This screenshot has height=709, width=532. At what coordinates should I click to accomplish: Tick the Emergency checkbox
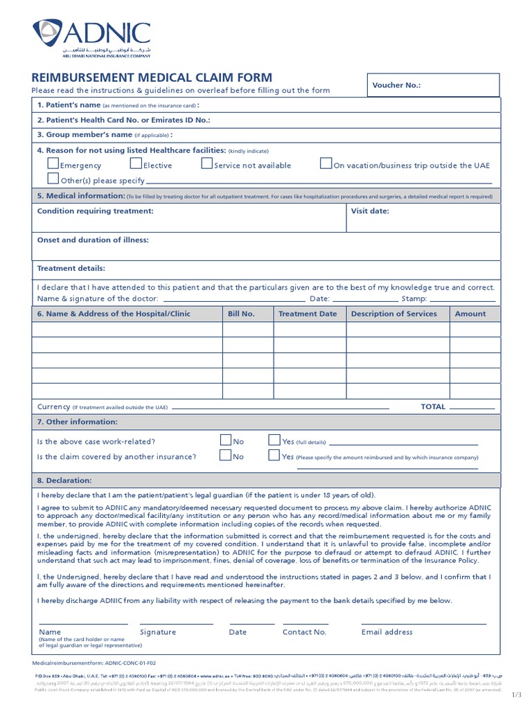53,164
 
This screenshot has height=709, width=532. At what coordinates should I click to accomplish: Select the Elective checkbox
136,164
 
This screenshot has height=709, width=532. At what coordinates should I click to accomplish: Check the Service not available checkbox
206,164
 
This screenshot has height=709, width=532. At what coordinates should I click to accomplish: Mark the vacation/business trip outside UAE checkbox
326,164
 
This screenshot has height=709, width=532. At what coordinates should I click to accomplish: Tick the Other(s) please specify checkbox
53,179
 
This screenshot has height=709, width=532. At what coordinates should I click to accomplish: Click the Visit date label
370,211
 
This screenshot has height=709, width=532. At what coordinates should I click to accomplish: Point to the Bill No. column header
241,314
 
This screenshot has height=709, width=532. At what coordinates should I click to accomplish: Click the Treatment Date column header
308,314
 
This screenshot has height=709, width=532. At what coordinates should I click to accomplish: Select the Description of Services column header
393,314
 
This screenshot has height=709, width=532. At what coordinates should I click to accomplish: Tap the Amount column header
470,314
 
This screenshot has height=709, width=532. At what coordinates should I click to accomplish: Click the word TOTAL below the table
433,407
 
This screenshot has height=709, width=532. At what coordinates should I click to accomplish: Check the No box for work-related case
225,440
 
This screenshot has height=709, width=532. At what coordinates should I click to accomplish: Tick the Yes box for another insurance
274,455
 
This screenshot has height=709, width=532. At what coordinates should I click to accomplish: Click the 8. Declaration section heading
64,480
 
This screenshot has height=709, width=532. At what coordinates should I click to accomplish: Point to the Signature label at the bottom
158,632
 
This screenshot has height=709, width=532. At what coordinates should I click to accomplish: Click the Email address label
387,632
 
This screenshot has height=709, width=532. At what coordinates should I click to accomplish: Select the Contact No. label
304,632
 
